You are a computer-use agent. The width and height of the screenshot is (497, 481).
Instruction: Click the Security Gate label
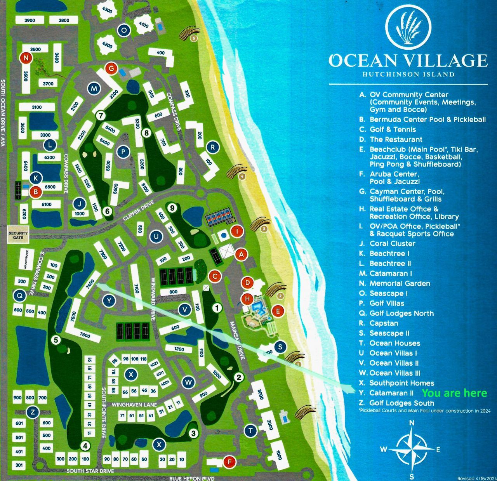(18, 235)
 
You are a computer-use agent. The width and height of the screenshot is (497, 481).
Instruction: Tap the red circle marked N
(26, 58)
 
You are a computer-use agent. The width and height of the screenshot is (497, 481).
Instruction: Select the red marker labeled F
(229, 462)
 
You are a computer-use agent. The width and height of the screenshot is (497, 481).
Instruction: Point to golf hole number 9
(172, 208)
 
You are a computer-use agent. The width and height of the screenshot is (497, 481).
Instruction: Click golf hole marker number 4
(85, 446)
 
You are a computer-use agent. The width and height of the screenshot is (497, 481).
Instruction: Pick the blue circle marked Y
(109, 300)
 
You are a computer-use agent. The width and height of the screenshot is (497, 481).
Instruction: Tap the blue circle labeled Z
(33, 412)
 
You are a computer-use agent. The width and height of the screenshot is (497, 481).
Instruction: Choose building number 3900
(30, 20)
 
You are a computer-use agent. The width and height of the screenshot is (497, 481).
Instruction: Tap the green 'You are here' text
(454, 393)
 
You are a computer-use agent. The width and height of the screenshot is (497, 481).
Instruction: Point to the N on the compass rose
(412, 423)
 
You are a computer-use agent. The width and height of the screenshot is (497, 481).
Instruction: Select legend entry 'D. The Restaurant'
(396, 139)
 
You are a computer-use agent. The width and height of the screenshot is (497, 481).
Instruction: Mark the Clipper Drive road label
(139, 210)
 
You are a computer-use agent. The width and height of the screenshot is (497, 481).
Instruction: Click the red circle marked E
(278, 311)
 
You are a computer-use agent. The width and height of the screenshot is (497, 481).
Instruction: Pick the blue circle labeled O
(124, 30)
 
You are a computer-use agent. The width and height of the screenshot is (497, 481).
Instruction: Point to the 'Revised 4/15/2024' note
(476, 478)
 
